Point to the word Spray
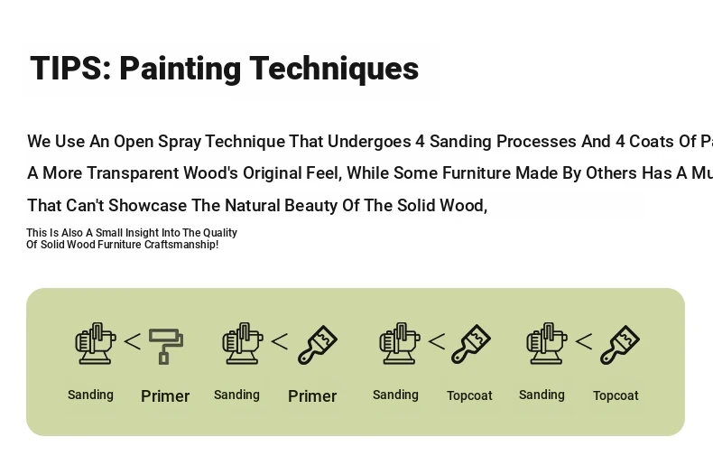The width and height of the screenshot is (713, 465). pyautogui.click(x=180, y=142)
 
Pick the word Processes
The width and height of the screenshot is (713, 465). pyautogui.click(x=537, y=142)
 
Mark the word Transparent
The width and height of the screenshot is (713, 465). pyautogui.click(x=133, y=173)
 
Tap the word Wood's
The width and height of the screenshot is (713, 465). pyautogui.click(x=210, y=173)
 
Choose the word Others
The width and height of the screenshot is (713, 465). pyautogui.click(x=612, y=173)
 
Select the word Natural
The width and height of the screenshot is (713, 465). pyautogui.click(x=253, y=206)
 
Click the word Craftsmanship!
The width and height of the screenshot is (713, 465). pyautogui.click(x=181, y=245)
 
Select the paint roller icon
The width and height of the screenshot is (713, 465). pyautogui.click(x=166, y=346)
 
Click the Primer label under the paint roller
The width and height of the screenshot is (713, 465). pyautogui.click(x=165, y=396)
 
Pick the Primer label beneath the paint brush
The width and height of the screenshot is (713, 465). pyautogui.click(x=312, y=396)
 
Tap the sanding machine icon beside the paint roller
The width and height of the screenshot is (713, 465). pyautogui.click(x=96, y=343)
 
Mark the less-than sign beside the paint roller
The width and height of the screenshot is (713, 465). pyautogui.click(x=133, y=341)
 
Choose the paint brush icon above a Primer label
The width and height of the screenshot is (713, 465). pyautogui.click(x=318, y=344)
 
